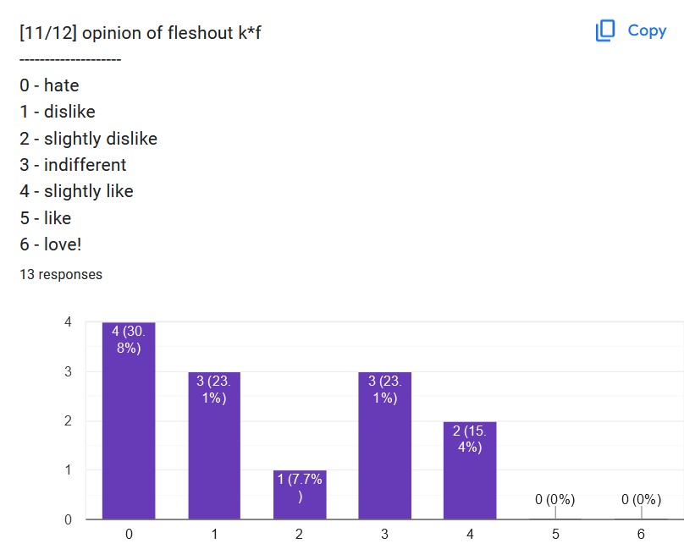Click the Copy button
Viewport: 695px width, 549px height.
pyautogui.click(x=632, y=30)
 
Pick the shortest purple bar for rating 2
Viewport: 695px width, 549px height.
pyautogui.click(x=300, y=494)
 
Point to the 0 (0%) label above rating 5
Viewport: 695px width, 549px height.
pyautogui.click(x=555, y=499)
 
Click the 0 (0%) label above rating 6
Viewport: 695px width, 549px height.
pyautogui.click(x=641, y=499)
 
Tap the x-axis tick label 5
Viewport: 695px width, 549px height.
pyautogui.click(x=555, y=535)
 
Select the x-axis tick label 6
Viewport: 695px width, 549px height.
pyautogui.click(x=641, y=535)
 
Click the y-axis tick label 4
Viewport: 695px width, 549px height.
pyautogui.click(x=68, y=321)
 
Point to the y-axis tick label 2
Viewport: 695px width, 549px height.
pyautogui.click(x=68, y=420)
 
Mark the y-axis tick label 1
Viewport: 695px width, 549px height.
pyautogui.click(x=68, y=469)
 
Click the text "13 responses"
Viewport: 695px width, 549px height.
pyautogui.click(x=61, y=274)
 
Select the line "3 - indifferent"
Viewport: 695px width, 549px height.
pyautogui.click(x=73, y=165)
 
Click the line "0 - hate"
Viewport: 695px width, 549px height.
pyautogui.click(x=49, y=85)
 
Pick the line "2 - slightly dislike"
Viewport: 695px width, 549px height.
pyautogui.click(x=89, y=139)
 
